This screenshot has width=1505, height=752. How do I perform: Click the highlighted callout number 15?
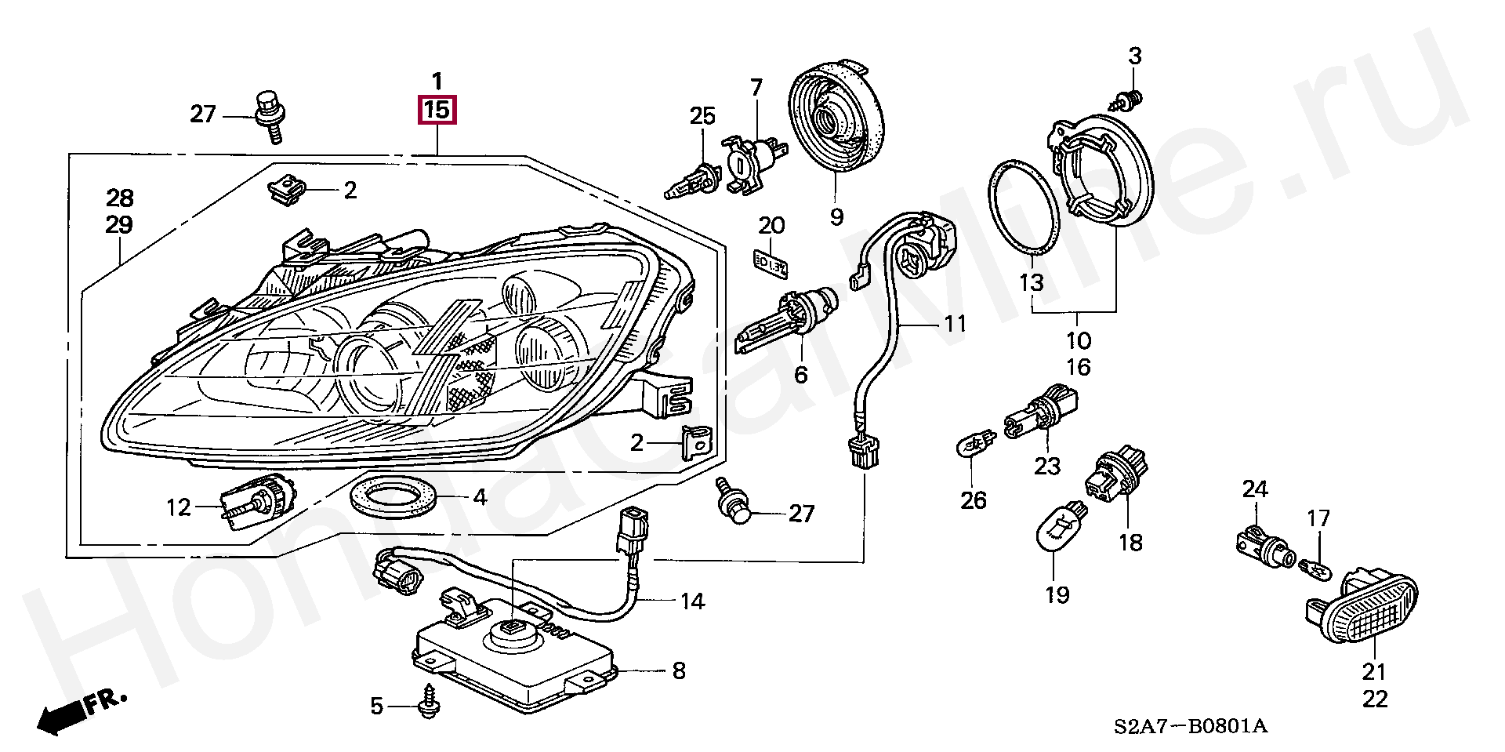tap(437, 110)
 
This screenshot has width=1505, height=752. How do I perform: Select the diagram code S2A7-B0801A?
tap(1190, 726)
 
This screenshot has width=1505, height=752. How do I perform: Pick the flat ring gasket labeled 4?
tap(392, 497)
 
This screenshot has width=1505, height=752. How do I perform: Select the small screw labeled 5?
tap(429, 703)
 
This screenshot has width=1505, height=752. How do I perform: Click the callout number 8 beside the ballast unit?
tap(679, 671)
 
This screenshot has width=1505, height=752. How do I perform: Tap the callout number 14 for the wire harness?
tap(692, 601)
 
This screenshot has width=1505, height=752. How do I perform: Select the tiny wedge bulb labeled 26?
tap(974, 449)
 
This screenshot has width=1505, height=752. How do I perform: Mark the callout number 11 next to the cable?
tap(955, 324)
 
